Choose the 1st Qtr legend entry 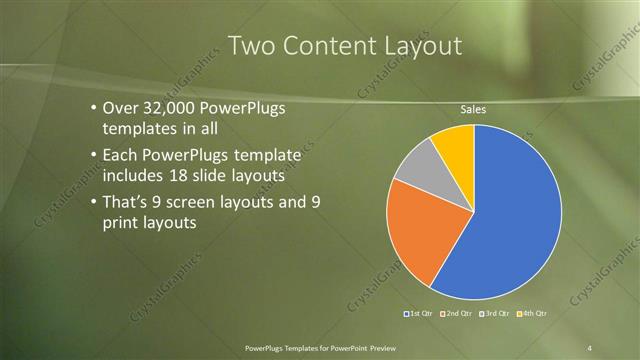[x=419, y=314]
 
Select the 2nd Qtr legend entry [x=457, y=314]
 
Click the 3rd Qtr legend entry [x=495, y=314]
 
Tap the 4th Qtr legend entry [x=532, y=314]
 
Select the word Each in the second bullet [x=120, y=155]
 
